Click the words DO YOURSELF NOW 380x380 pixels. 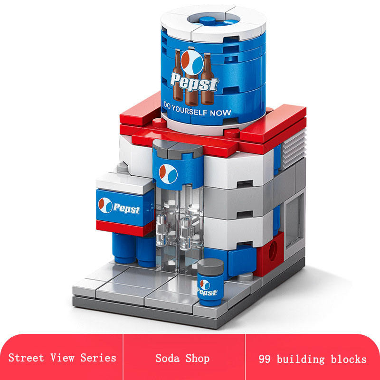(197, 109)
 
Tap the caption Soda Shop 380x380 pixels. (183, 358)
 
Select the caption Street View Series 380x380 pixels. (62, 358)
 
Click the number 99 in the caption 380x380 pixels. (265, 359)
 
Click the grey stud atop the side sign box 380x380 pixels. (123, 167)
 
